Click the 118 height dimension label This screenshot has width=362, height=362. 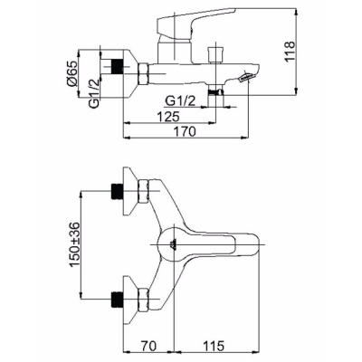(x=290, y=52)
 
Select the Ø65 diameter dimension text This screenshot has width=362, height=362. (x=73, y=73)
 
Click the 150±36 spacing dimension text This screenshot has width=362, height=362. (x=74, y=244)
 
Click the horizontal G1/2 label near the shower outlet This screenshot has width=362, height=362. (x=181, y=101)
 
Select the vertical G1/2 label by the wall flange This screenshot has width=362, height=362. (x=94, y=93)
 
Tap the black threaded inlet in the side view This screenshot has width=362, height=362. (x=117, y=66)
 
